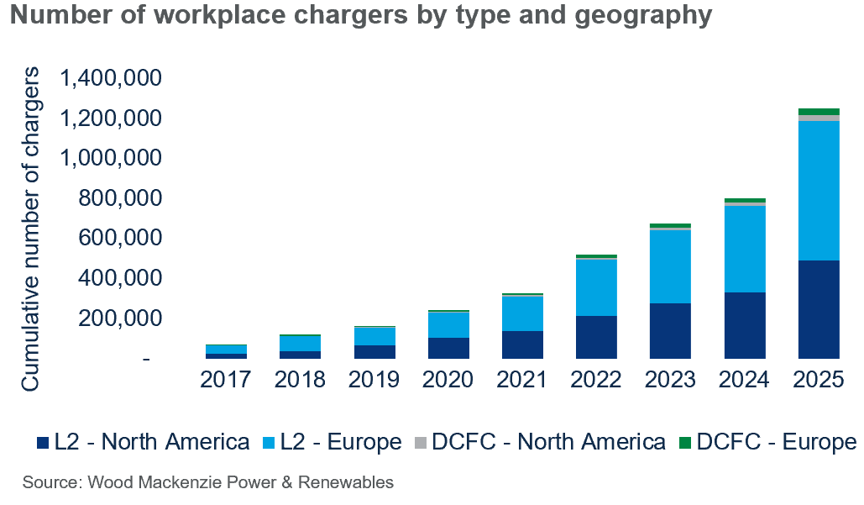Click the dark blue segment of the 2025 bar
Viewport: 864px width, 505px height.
(x=819, y=309)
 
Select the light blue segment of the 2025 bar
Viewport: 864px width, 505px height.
(x=819, y=191)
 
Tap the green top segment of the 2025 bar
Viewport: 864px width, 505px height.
(x=819, y=112)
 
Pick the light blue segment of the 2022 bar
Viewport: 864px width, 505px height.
(x=596, y=287)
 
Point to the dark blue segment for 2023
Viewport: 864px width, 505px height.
(x=670, y=330)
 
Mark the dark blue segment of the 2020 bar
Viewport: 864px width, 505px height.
(x=448, y=348)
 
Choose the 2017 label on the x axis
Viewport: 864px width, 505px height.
(x=225, y=380)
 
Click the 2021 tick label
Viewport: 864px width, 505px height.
(x=522, y=380)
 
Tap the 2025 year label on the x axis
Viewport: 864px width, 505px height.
(x=819, y=380)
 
